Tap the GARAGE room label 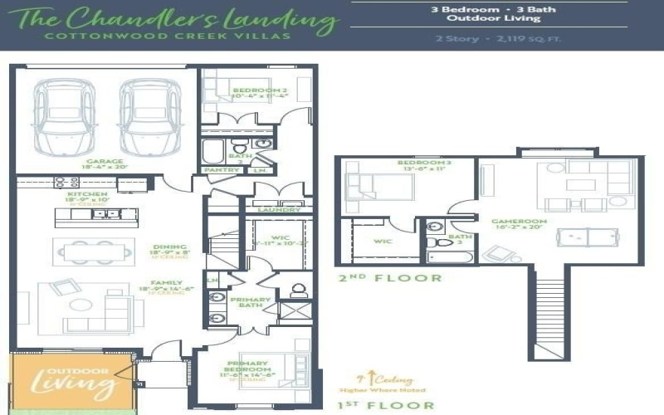point(105,162)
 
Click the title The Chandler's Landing point(166,17)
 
